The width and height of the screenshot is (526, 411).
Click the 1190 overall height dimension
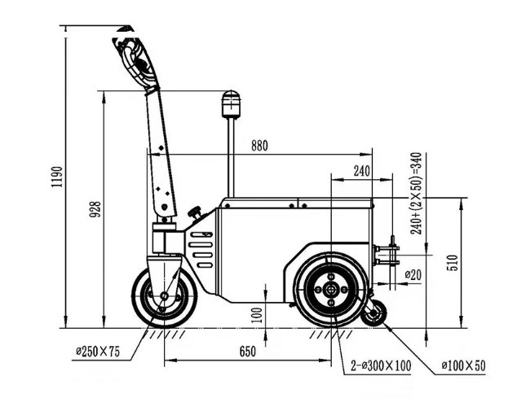point(57,177)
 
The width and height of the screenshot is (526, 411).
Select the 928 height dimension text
point(95,209)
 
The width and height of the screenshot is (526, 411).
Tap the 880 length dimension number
point(259,146)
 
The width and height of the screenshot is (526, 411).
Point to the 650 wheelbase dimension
point(248,352)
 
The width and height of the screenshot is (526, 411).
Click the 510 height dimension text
point(453,263)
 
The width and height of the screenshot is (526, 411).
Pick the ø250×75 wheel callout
point(98,352)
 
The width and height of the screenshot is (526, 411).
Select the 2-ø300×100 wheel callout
point(381,365)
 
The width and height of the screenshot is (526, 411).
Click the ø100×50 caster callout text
point(463,365)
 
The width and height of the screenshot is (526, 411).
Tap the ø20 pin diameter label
point(413,275)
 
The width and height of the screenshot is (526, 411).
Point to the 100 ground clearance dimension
point(257,315)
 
